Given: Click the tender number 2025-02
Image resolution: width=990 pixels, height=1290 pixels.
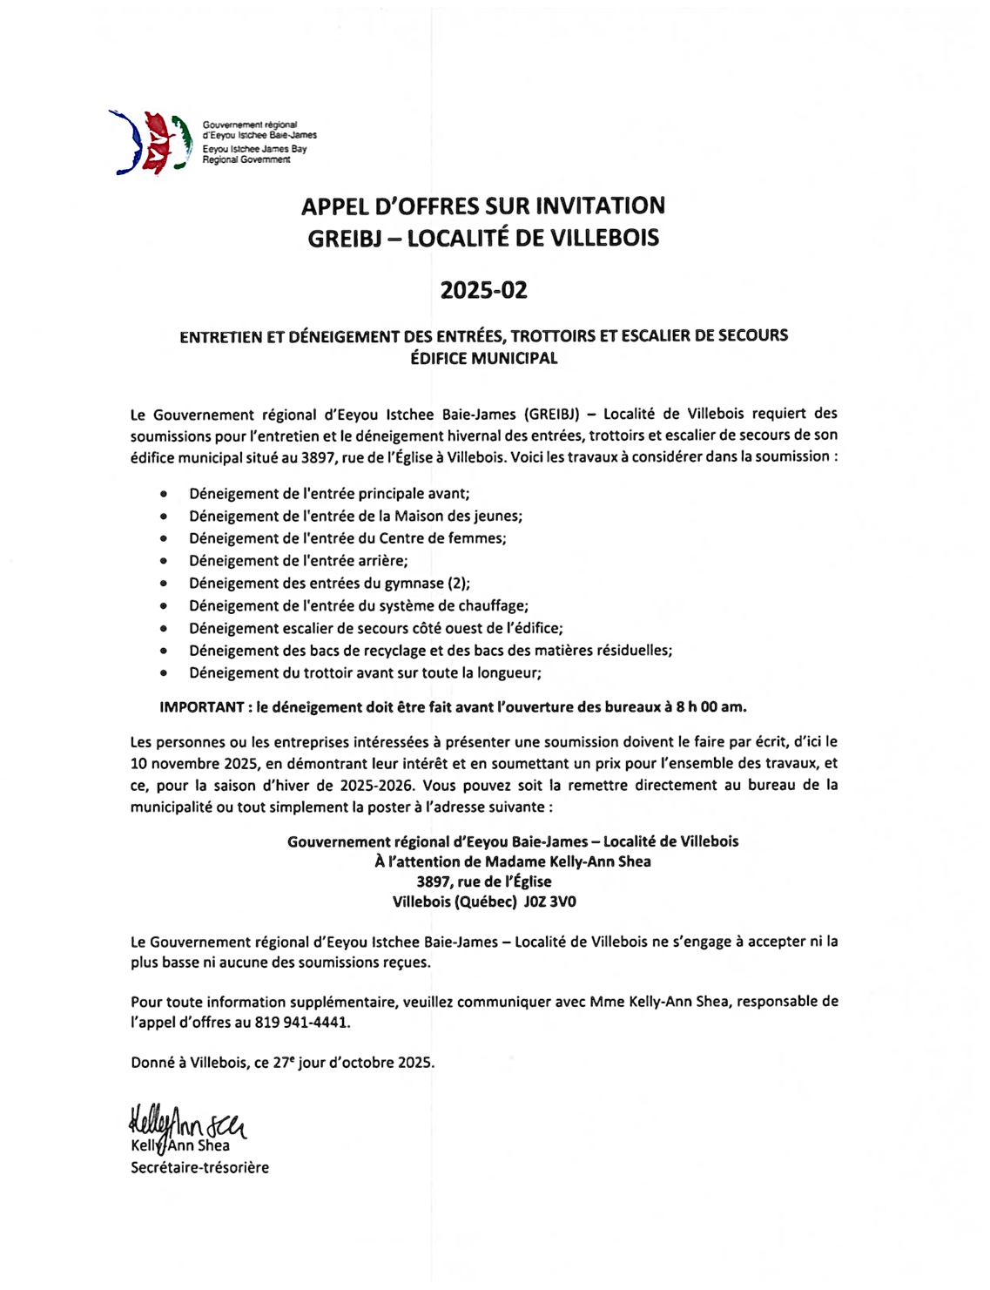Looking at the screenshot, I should point(483,290).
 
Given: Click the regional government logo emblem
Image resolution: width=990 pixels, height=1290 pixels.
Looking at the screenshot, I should point(151,142).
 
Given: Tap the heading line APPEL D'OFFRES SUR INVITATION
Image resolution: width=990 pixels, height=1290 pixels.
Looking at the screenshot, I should point(483,206).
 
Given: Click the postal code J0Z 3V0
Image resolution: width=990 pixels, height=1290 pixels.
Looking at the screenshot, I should point(549,902).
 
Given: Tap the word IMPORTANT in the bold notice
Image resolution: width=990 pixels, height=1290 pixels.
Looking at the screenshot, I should point(201,707).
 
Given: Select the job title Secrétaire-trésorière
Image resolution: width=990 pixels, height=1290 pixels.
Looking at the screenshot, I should point(199,1168).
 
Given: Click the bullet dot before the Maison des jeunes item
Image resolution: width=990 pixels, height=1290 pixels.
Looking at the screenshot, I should point(164,517).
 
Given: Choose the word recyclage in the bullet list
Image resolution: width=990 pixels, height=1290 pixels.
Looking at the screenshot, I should point(391,651).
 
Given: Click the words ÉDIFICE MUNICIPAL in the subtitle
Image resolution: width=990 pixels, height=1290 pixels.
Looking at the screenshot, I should point(483,358).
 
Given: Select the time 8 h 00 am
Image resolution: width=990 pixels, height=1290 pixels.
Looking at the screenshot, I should point(711,707).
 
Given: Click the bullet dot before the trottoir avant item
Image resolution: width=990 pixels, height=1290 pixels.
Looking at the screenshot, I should point(164,673).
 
